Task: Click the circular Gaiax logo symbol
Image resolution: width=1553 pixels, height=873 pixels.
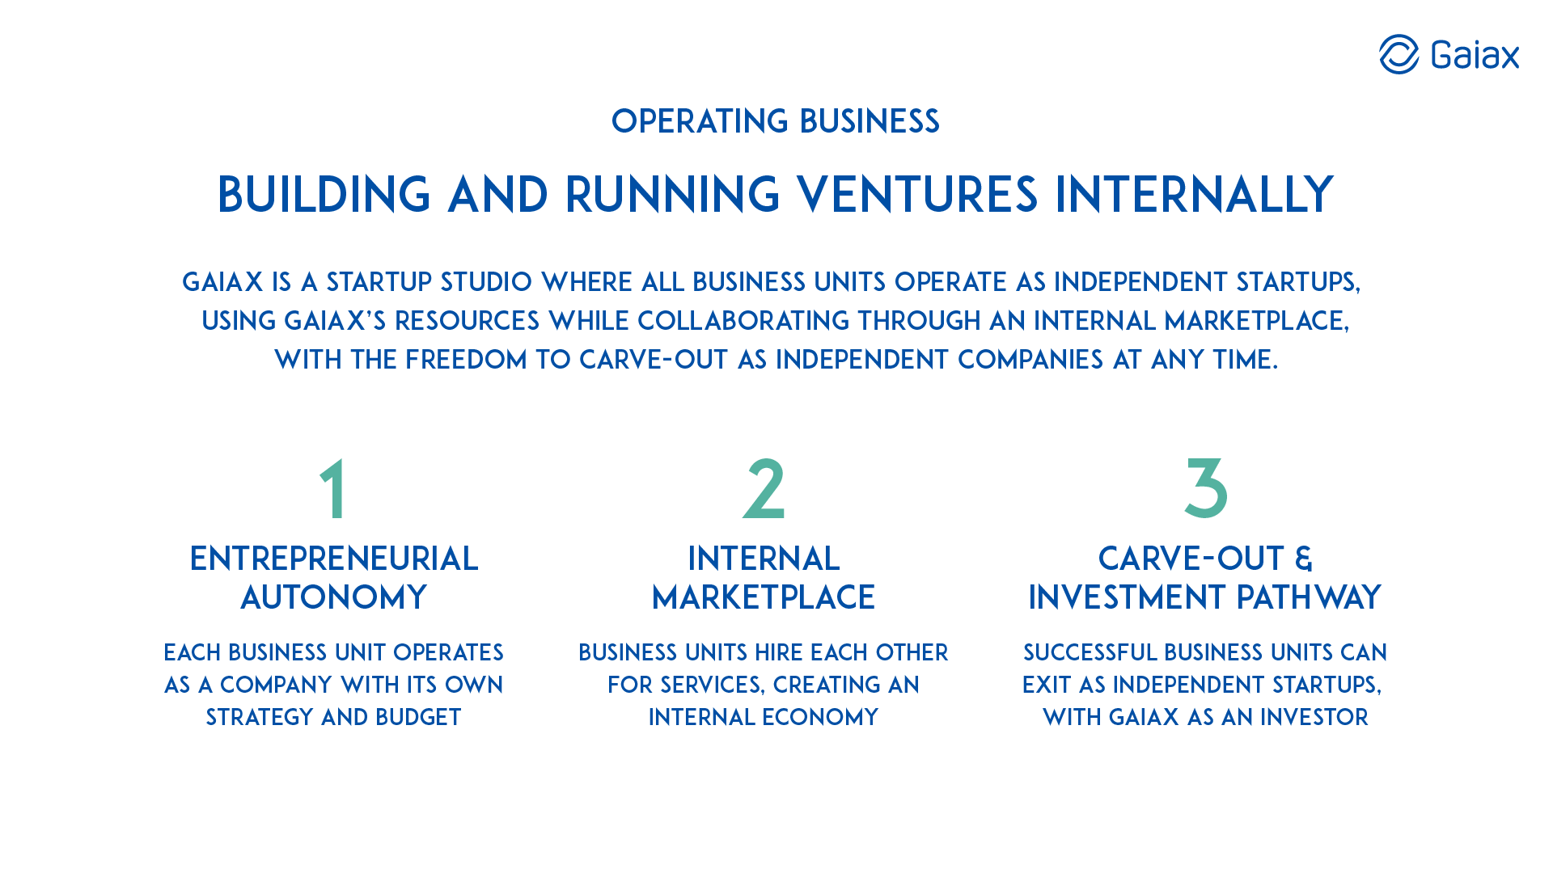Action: (x=1399, y=54)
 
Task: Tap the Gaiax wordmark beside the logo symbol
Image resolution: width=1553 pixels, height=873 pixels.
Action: (x=1475, y=55)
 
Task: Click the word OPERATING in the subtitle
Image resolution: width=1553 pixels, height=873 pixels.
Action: (x=700, y=121)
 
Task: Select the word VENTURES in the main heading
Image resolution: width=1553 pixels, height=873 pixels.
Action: (x=917, y=195)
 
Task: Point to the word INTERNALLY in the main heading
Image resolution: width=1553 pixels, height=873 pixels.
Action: (x=1195, y=195)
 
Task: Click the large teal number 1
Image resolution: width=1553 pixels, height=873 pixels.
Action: (x=333, y=488)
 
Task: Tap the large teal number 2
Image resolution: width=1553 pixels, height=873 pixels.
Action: (x=764, y=488)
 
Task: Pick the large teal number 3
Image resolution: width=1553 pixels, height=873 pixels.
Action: (x=1205, y=488)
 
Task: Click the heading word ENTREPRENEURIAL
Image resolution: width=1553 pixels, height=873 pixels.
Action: (x=334, y=559)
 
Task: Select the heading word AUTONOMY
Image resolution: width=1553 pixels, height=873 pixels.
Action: (x=334, y=597)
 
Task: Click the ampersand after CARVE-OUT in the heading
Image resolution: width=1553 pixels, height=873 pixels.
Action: (x=1303, y=559)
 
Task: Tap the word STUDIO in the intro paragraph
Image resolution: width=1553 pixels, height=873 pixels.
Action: (x=486, y=282)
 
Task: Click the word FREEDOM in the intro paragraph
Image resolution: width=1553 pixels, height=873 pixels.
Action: (x=466, y=360)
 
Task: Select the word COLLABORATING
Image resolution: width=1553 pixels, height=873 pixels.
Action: (x=743, y=321)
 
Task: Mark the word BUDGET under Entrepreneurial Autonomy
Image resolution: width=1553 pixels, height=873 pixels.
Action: (x=418, y=717)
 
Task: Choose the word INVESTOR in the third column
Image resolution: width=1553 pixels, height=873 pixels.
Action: (x=1314, y=717)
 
